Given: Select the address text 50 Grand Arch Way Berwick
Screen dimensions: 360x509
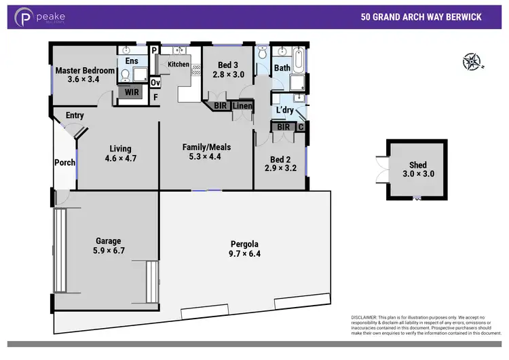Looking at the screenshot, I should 421,18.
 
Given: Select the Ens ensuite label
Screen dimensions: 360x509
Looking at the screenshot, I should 132,61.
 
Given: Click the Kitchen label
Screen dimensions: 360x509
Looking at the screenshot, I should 178,65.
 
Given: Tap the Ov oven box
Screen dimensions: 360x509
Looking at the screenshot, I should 155,83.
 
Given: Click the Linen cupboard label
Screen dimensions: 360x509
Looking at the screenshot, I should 242,106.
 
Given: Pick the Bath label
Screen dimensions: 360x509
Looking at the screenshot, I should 282,68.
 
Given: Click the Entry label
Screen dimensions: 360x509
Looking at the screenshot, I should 75,115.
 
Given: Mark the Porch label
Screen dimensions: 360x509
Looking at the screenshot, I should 65,162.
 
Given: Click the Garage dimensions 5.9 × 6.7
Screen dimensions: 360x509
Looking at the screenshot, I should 108,251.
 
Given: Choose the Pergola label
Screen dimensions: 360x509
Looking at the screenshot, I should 245,244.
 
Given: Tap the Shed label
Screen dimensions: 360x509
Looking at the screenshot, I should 417,164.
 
